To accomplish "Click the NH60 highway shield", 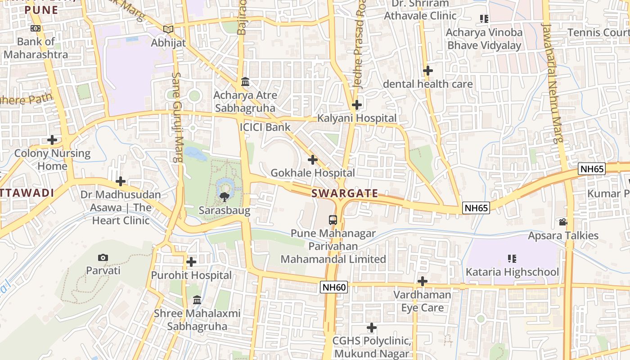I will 334,287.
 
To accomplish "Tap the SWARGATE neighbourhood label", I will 345,193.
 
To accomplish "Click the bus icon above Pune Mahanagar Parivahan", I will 333,220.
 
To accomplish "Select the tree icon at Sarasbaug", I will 224,197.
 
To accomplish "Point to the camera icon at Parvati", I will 103,257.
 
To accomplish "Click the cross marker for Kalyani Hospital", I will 357,105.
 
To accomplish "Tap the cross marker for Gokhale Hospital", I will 313,159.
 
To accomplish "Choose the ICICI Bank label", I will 265,127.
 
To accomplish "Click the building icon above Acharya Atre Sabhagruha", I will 245,82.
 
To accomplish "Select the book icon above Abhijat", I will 168,29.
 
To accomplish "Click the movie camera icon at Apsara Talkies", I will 563,222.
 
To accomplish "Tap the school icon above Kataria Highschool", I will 512,258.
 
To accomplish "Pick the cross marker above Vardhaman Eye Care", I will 422,281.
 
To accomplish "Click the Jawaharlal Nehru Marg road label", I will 553,83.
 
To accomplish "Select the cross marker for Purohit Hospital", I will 191,261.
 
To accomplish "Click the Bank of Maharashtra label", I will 36,48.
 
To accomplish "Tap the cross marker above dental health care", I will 428,71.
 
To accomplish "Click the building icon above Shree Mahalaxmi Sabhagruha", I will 197,300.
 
